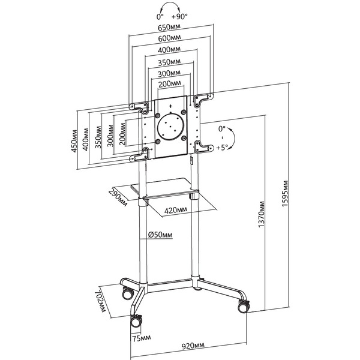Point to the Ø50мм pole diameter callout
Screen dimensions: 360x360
tap(160, 235)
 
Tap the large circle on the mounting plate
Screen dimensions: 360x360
tap(171, 127)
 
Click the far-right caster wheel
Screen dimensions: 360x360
tap(242, 305)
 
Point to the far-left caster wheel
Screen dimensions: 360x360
tap(127, 293)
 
